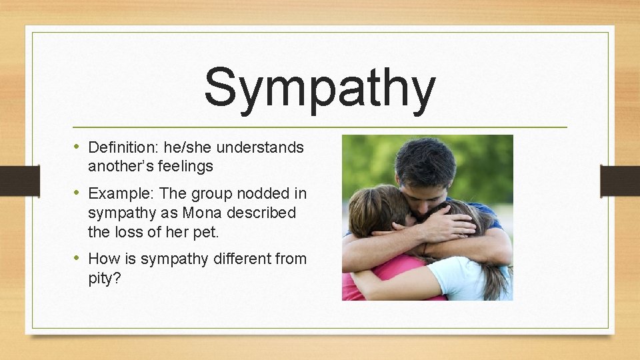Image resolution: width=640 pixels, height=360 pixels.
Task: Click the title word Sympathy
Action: click(320, 89)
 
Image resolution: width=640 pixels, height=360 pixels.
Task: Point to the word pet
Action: click(206, 232)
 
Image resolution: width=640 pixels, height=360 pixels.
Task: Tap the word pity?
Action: click(105, 277)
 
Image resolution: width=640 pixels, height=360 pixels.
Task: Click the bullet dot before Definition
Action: click(77, 147)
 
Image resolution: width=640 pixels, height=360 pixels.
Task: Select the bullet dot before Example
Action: click(77, 193)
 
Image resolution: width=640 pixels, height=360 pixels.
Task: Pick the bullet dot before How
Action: click(77, 257)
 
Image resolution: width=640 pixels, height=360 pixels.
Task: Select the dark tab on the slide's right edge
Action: click(619, 180)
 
